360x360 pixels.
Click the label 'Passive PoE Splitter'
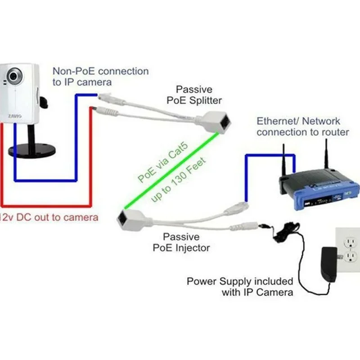[x=194, y=94]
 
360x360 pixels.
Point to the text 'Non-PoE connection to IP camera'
[x=100, y=76]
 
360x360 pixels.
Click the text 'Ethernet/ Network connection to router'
[x=302, y=126]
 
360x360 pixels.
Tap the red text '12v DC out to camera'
[x=49, y=218]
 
